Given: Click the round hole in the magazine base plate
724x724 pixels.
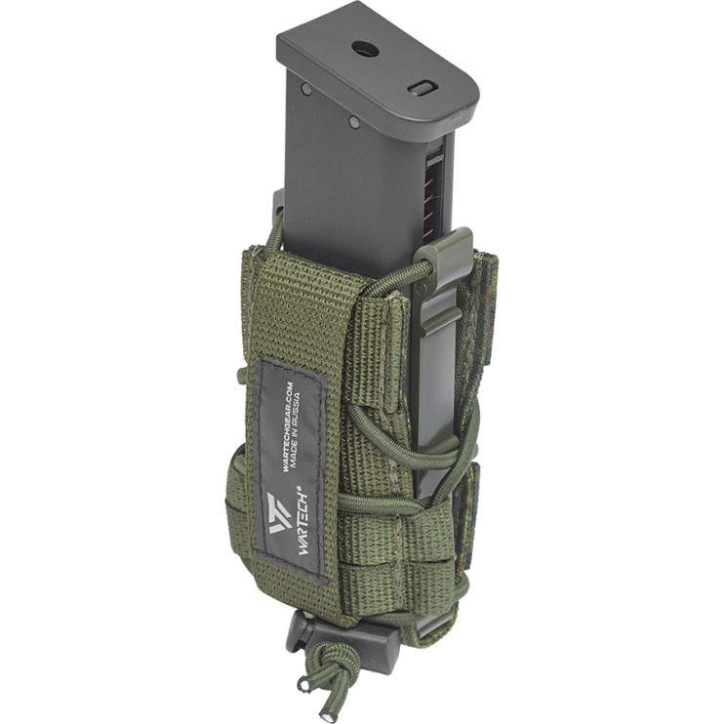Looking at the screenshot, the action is tap(365, 49).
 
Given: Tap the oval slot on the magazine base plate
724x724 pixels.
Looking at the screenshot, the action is tap(422, 88).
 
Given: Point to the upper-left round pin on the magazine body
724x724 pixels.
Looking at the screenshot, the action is tap(305, 88).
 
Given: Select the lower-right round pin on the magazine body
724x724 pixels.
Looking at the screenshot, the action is tap(354, 122).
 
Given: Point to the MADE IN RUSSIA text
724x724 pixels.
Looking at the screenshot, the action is tap(295, 428).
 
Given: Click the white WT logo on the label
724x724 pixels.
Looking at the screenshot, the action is tap(280, 512).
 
